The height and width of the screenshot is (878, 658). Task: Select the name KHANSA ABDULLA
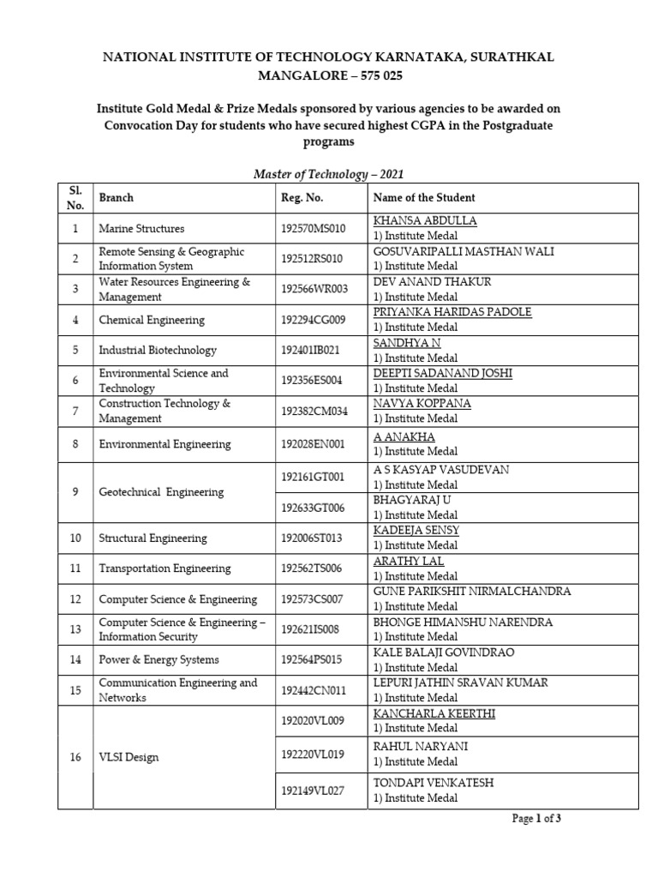coord(425,221)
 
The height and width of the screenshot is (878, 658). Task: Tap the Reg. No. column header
coord(302,197)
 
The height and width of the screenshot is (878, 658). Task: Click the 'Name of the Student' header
coord(424,197)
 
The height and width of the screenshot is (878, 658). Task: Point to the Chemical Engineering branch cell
coord(152,320)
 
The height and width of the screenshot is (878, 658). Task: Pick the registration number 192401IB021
coord(310,350)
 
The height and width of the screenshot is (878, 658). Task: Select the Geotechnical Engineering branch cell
coord(161,492)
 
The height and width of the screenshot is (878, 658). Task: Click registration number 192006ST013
coord(311,538)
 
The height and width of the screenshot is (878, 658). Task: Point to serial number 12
coord(75,599)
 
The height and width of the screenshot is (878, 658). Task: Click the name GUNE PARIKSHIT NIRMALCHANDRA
coord(472,592)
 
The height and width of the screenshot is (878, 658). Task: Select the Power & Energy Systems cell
coord(159,659)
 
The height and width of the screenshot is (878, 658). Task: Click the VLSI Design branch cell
coord(128,757)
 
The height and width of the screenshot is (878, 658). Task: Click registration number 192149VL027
coord(312,791)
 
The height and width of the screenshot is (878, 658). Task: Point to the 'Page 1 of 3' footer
coord(536,819)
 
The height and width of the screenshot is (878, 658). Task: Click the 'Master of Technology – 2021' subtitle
coord(328,174)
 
